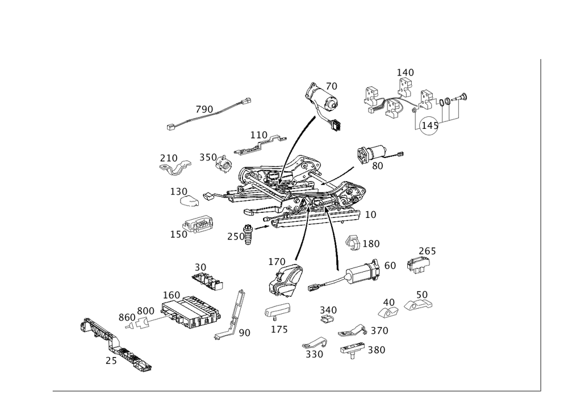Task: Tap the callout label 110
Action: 258,135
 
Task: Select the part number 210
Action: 169,157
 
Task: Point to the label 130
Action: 179,192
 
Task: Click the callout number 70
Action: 331,86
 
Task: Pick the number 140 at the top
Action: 405,73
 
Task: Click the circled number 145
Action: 428,125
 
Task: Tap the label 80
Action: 377,166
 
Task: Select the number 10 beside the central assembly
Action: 370,215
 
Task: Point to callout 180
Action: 371,243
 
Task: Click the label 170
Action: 277,262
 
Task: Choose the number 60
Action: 390,265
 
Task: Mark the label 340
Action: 328,310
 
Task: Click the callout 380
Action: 377,350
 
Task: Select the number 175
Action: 279,329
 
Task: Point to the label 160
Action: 171,295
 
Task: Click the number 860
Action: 127,317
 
